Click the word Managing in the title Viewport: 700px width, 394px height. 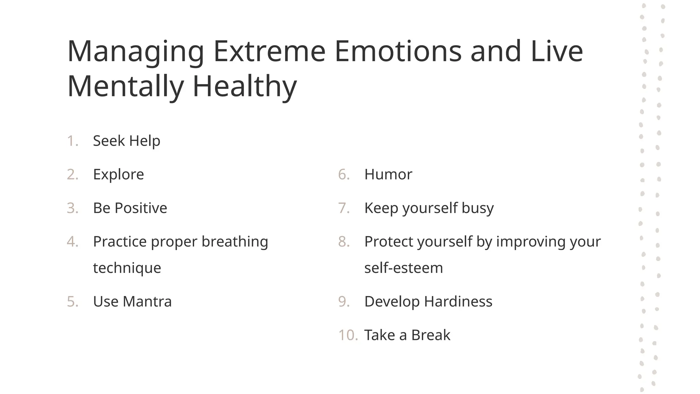click(x=136, y=52)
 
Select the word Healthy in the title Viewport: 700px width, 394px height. click(x=245, y=87)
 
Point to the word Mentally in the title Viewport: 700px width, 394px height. click(x=126, y=87)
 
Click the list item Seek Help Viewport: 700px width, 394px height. click(x=126, y=141)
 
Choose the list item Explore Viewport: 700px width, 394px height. click(x=118, y=174)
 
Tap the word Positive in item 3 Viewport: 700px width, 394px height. click(x=141, y=208)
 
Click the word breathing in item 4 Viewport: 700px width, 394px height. click(x=234, y=242)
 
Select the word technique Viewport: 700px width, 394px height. click(x=127, y=268)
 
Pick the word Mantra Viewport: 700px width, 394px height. click(x=147, y=302)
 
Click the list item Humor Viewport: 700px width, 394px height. click(x=388, y=174)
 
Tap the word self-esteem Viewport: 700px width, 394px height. click(x=403, y=268)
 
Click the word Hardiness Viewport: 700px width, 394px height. click(x=458, y=302)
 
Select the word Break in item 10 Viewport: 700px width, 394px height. click(x=431, y=335)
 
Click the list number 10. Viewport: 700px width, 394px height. click(x=348, y=335)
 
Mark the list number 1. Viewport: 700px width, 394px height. click(x=72, y=141)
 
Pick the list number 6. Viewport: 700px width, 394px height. click(x=344, y=174)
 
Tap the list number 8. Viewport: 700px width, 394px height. click(x=344, y=242)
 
